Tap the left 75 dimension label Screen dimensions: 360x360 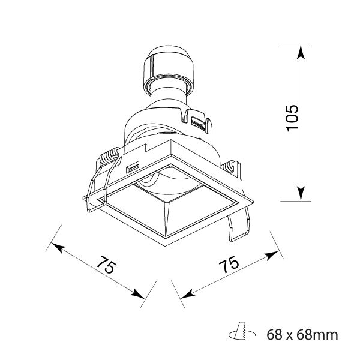point(106,265)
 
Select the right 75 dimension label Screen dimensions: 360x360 point(229,265)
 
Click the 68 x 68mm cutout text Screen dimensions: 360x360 point(302,335)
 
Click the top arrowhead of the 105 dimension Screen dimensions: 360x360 point(301,52)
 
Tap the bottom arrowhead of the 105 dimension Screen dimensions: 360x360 point(301,194)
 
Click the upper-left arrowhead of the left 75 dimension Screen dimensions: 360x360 point(57,247)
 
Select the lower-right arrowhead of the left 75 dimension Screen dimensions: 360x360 point(137,294)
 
